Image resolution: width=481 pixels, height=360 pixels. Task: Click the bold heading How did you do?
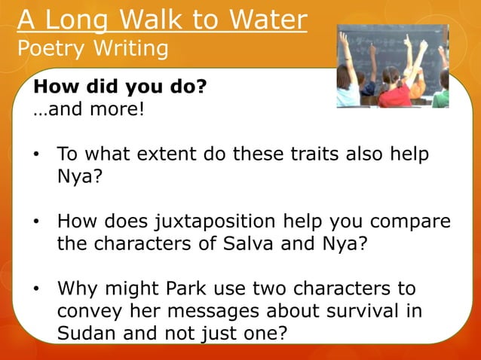119,87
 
